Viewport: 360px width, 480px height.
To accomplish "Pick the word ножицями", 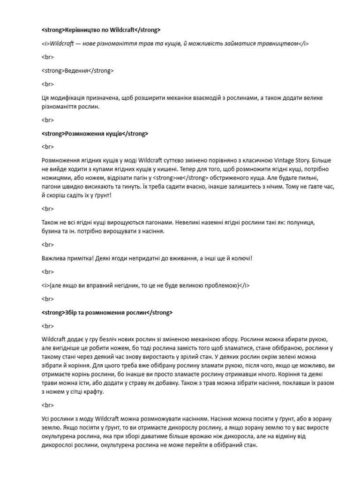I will (55, 178).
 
